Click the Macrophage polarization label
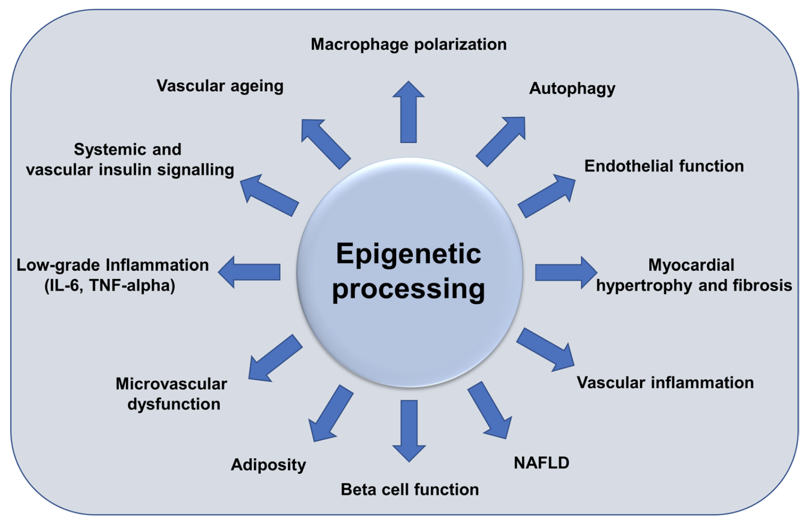pos(408,45)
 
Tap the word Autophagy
pos(572,89)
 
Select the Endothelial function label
pos(664,166)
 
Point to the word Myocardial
pos(691,265)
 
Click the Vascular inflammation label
pos(665,383)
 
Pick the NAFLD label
pos(541,463)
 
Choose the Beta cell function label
pos(409,490)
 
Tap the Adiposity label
pos(268,465)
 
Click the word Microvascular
pos(172,384)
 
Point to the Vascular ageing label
pos(220,86)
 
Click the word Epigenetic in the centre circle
pos(408,254)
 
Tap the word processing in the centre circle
pos(408,289)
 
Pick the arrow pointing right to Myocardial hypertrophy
pos(566,273)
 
